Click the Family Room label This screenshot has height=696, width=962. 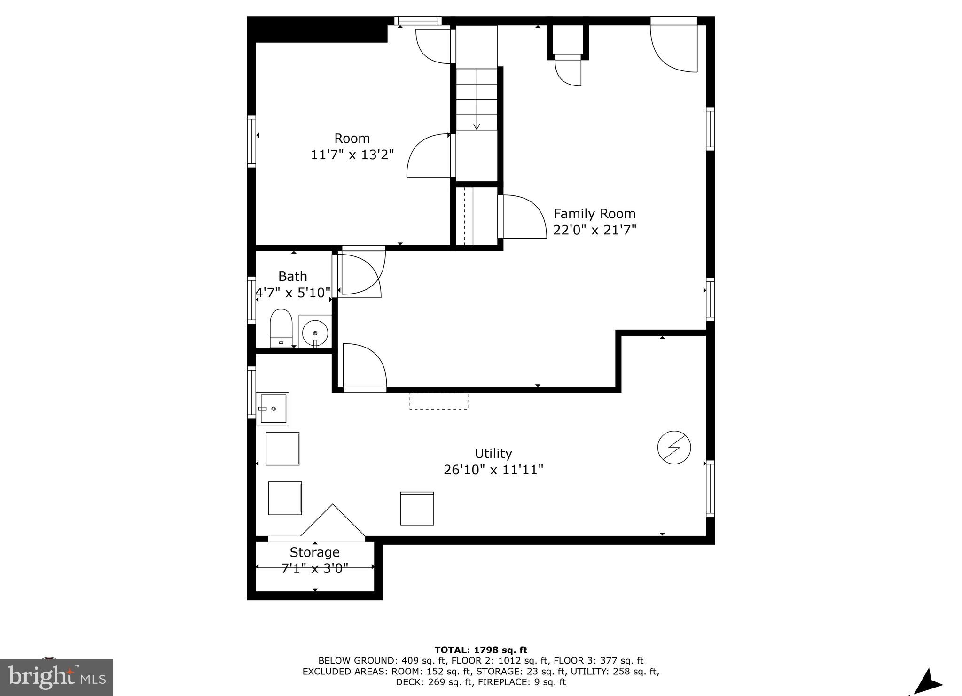[594, 214]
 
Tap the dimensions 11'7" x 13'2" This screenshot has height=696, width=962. [352, 155]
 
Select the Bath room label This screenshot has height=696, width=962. [292, 276]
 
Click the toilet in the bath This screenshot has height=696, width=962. [281, 327]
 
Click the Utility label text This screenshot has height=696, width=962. [493, 453]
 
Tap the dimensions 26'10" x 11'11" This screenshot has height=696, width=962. [493, 470]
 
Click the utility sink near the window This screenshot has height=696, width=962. [273, 409]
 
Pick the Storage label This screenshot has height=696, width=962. [314, 552]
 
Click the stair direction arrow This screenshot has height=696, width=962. [477, 126]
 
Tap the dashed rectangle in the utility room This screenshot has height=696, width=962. [439, 400]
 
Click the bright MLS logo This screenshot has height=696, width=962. [56, 677]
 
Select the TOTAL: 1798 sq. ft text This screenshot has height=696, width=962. [481, 650]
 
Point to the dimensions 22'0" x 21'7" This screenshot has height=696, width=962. [594, 230]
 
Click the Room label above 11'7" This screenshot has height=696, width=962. [352, 138]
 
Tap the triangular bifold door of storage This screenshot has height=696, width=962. [332, 522]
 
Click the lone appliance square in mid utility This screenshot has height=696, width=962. [417, 508]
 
